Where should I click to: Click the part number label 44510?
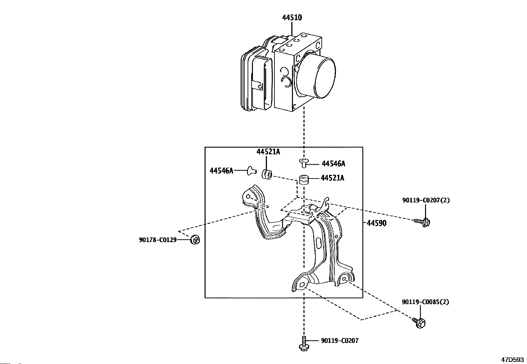(292, 18)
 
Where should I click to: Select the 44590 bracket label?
(377, 223)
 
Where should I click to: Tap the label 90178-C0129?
(158, 240)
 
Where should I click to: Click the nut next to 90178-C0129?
(195, 240)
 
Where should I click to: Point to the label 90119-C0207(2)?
(426, 200)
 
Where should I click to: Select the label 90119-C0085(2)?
(425, 302)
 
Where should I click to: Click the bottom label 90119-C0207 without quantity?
(340, 341)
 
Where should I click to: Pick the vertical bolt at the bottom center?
(304, 344)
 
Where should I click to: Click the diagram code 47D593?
(512, 360)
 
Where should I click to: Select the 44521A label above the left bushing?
(268, 152)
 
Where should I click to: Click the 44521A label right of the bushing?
(332, 178)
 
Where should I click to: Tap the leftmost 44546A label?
(221, 171)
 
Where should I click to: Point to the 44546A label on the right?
(333, 164)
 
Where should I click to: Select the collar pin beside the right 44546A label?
(304, 163)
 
